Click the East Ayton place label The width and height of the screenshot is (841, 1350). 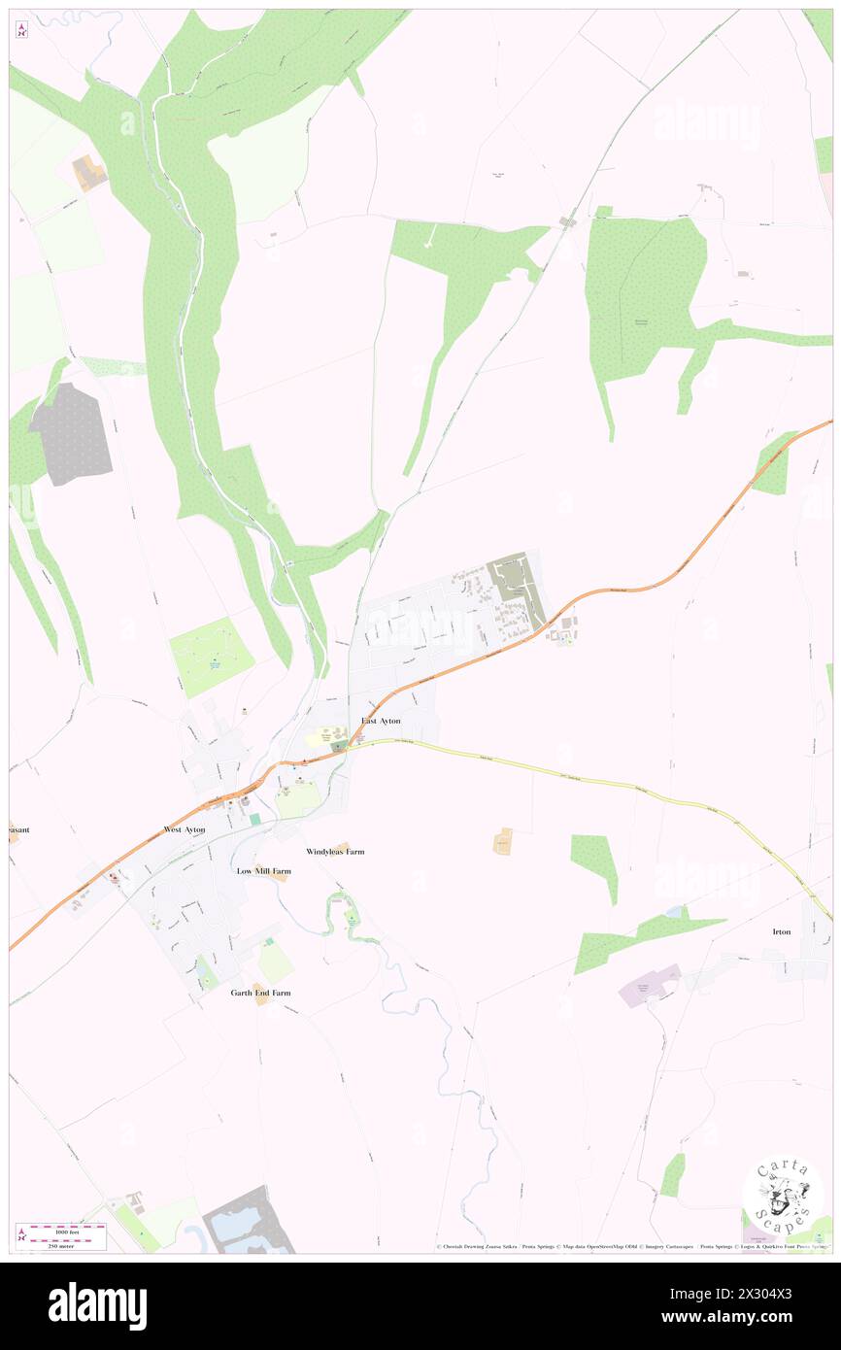coord(381,721)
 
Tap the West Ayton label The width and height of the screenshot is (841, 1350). coord(185,830)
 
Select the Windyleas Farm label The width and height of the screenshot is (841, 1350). coord(335,851)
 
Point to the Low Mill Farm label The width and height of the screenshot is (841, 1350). coord(263,871)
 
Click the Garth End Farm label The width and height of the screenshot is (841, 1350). coord(260,993)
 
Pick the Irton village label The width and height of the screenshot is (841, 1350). coord(782,931)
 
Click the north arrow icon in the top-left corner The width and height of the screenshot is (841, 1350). coord(22,30)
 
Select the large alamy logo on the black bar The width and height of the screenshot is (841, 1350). coord(97,1305)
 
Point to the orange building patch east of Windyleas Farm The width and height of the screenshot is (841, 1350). coord(503,841)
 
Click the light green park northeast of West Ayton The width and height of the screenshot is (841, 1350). coord(212,657)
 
